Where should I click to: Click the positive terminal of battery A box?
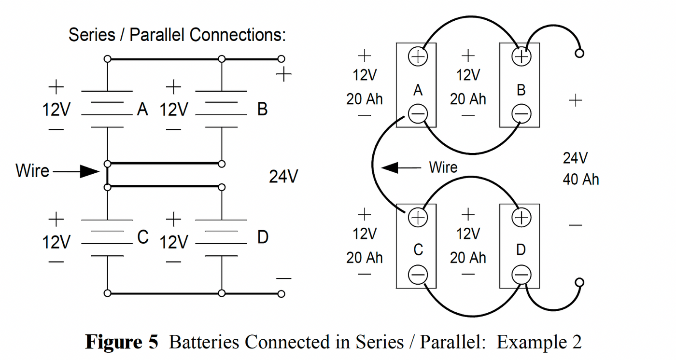click(418, 57)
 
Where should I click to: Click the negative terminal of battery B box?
click(521, 114)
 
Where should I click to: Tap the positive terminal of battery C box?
click(418, 218)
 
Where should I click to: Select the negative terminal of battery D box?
click(521, 275)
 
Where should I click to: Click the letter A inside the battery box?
click(418, 90)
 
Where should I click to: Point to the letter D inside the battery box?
click(521, 250)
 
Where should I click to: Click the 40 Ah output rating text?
click(580, 180)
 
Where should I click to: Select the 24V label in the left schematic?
click(283, 177)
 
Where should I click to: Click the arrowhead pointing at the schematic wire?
click(90, 171)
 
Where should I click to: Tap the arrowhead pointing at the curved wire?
click(390, 167)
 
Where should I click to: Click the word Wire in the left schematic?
click(32, 171)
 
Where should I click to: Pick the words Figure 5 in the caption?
click(122, 342)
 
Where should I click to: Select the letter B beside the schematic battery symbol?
click(262, 110)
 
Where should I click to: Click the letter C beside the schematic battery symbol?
click(142, 237)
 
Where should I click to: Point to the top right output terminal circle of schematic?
click(282, 59)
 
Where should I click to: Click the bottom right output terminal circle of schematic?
click(282, 293)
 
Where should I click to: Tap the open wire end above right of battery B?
click(580, 53)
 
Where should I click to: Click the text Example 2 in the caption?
click(539, 342)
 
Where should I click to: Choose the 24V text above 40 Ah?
click(575, 158)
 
